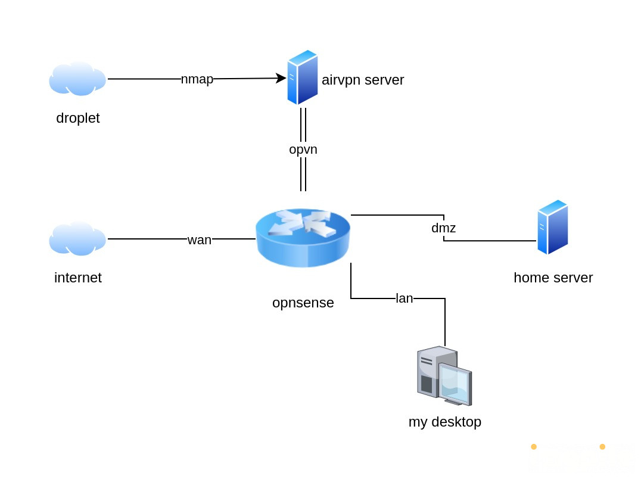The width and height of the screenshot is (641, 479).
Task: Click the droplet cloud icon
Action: [x=77, y=79]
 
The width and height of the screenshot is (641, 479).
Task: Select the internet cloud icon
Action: [x=77, y=239]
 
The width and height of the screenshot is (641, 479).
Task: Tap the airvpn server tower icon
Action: [x=302, y=77]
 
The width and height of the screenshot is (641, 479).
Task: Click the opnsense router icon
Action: [x=303, y=238]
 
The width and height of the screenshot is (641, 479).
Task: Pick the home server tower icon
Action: [x=552, y=227]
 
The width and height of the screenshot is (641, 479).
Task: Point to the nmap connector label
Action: [x=197, y=79]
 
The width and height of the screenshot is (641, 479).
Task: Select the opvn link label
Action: [x=303, y=150]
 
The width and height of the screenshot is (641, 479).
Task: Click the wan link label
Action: [x=200, y=240]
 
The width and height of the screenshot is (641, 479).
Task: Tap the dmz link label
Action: [x=444, y=228]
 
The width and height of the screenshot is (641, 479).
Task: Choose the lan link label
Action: [x=404, y=298]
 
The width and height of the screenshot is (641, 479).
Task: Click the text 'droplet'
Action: [x=78, y=118]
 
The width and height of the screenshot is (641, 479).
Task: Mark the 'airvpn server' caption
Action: [x=363, y=80]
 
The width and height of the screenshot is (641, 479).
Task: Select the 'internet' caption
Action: [x=78, y=278]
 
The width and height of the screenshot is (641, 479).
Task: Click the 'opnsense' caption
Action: [x=303, y=303]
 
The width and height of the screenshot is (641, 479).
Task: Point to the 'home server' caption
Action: [x=553, y=278]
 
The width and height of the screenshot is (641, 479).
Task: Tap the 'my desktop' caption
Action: [x=445, y=422]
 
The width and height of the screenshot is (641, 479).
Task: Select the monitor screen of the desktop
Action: [x=456, y=384]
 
